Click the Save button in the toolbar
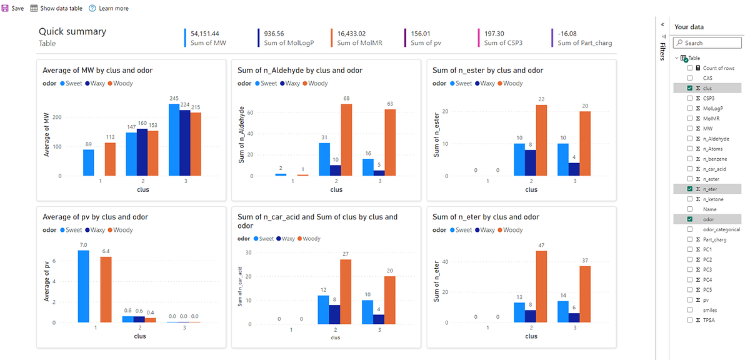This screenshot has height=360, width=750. click(14, 8)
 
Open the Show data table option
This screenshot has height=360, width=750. click(56, 8)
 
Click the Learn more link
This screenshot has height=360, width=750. click(109, 8)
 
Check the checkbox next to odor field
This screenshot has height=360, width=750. click(689, 219)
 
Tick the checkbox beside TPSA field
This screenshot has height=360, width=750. click(689, 320)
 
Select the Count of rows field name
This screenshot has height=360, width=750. click(718, 68)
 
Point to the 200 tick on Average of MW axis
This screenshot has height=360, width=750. click(56, 117)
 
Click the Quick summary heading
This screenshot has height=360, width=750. click(72, 31)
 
